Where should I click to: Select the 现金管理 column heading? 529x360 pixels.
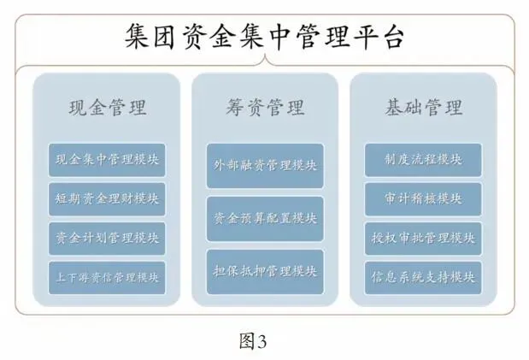pyautogui.click(x=107, y=107)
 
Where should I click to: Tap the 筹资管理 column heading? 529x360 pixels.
pyautogui.click(x=265, y=107)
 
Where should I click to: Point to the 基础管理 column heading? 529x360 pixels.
pyautogui.click(x=423, y=107)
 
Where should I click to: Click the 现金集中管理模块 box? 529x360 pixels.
pyautogui.click(x=107, y=159)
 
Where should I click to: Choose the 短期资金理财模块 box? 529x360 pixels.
pyautogui.click(x=107, y=198)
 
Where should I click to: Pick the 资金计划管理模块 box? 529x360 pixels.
pyautogui.click(x=107, y=238)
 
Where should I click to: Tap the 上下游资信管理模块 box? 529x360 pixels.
pyautogui.click(x=107, y=276)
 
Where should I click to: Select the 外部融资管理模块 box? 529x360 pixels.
pyautogui.click(x=265, y=165)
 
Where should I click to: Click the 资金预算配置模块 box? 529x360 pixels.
pyautogui.click(x=265, y=218)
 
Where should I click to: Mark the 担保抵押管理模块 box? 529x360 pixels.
pyautogui.click(x=265, y=272)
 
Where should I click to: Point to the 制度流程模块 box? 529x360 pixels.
pyautogui.click(x=423, y=159)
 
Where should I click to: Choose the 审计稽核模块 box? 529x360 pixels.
pyautogui.click(x=423, y=198)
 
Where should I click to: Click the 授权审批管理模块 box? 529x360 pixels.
pyautogui.click(x=423, y=238)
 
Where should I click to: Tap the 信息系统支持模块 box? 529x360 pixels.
pyautogui.click(x=423, y=276)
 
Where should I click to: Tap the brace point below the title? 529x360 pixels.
pyautogui.click(x=265, y=62)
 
